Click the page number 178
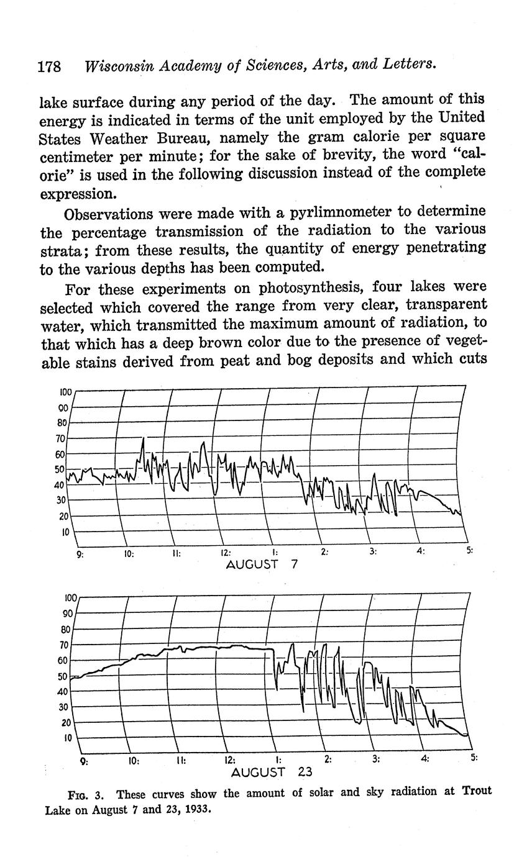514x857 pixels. (49, 66)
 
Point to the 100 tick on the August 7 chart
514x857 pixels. (66, 392)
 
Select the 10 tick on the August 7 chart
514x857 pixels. (64, 532)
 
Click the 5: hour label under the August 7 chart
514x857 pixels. (469, 550)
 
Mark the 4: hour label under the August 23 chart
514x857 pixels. (425, 758)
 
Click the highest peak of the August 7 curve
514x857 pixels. (143, 438)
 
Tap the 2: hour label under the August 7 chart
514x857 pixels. (324, 551)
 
